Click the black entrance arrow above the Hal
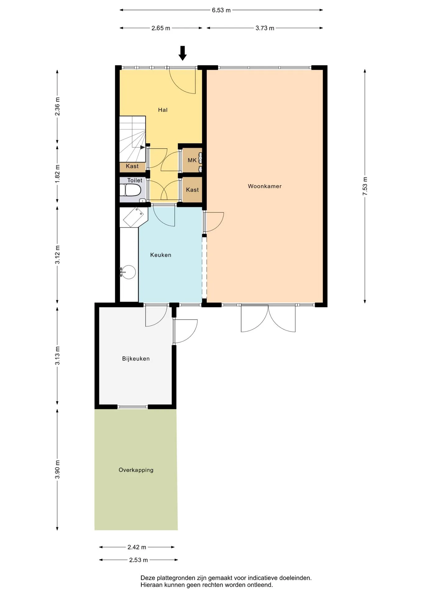[182, 53]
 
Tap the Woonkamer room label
[265, 186]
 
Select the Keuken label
[161, 255]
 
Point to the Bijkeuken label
[136, 359]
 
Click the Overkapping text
[136, 470]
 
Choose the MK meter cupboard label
[192, 160]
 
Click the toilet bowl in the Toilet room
[131, 190]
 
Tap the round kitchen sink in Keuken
[128, 272]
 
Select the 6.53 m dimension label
[221, 10]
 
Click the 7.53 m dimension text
[365, 186]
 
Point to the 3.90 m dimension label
[57, 469]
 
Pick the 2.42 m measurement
[137, 547]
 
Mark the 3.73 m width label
[265, 28]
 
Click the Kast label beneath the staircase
[132, 166]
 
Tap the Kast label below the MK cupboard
[192, 190]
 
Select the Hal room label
[163, 110]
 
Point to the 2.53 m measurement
[139, 560]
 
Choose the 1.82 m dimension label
[57, 174]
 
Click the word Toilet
[135, 180]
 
